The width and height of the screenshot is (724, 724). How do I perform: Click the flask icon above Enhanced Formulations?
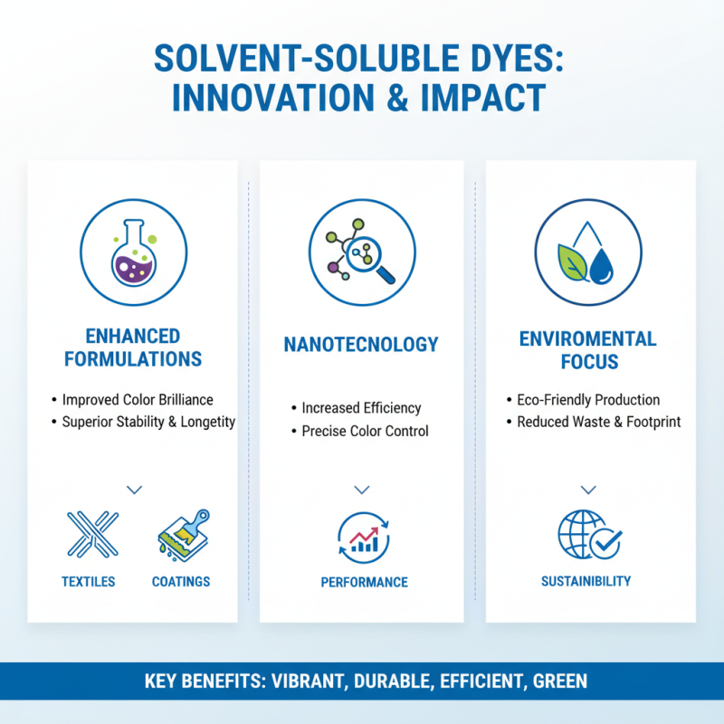pos(134,251)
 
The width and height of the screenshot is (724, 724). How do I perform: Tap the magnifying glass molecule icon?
pos(362,251)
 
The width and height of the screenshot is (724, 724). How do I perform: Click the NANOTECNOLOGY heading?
pos(362,345)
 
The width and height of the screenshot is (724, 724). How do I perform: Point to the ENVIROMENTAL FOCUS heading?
pos(587,350)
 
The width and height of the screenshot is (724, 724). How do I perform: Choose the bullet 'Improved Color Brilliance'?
pos(137,399)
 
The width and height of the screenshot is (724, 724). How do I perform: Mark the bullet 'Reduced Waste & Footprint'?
pos(598,422)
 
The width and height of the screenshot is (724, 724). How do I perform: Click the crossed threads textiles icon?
pos(91,534)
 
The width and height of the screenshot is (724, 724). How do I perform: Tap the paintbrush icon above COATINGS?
pos(183,534)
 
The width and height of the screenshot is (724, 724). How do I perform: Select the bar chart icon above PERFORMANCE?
pos(363,536)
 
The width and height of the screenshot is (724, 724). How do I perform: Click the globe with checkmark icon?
pos(588,536)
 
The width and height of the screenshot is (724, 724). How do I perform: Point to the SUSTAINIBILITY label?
pos(586,581)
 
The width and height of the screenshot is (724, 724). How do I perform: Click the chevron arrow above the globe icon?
pos(588,490)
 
